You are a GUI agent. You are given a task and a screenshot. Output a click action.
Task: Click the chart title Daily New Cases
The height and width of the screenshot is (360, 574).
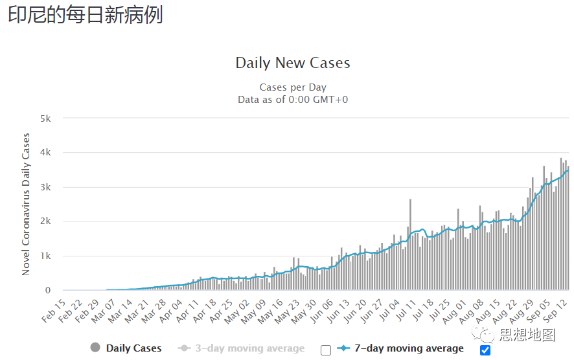click(292, 63)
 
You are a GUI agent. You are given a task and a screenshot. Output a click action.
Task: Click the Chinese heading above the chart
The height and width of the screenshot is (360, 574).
click(85, 15)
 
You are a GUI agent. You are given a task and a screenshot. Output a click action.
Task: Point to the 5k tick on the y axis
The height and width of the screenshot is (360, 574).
click(45, 118)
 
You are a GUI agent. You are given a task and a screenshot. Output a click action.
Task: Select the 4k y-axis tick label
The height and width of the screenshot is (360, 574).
click(45, 153)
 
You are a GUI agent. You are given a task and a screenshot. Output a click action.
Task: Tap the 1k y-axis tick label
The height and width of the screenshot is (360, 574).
click(45, 256)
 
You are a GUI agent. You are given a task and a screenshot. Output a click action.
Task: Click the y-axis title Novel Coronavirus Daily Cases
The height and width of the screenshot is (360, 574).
click(26, 204)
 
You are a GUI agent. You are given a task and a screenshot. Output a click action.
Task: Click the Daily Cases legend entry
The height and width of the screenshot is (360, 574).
click(133, 348)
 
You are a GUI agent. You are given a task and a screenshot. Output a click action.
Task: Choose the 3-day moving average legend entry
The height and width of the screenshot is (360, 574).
click(249, 348)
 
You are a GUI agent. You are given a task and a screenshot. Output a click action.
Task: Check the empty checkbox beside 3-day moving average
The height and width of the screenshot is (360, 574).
click(326, 350)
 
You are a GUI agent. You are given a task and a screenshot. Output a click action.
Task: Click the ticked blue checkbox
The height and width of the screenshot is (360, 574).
click(485, 350)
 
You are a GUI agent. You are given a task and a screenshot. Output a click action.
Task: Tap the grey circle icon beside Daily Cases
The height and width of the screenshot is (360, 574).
click(95, 348)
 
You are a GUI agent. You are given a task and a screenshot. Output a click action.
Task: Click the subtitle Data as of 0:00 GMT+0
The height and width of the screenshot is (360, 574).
click(293, 100)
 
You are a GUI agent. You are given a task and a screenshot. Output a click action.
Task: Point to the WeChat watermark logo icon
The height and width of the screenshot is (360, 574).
click(484, 334)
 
